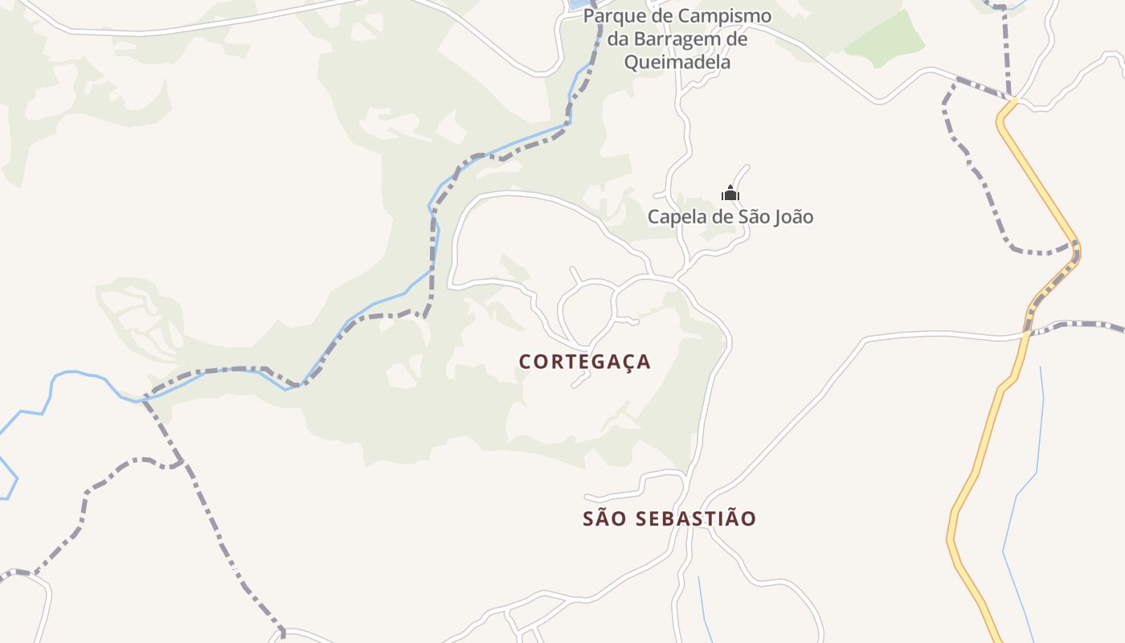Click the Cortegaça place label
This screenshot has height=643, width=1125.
pos(584,362)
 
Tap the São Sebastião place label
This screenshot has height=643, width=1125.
pos(669,518)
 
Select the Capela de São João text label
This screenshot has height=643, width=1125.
pos(730,217)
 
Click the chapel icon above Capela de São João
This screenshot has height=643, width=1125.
pos(730,193)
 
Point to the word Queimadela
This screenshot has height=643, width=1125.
pos(677,62)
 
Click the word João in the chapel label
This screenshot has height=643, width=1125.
pos(793,217)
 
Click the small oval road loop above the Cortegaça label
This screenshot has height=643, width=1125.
pos(587,312)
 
